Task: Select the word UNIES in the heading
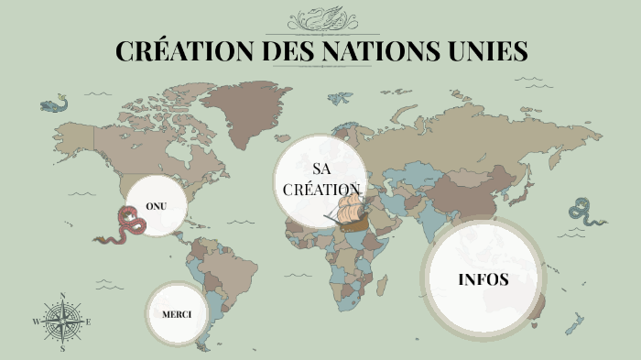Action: click(x=489, y=50)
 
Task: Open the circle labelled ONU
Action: click(x=156, y=205)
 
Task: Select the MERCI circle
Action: click(x=176, y=314)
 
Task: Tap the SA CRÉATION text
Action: click(x=321, y=180)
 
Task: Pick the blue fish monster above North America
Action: click(x=55, y=104)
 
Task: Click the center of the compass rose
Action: click(x=62, y=322)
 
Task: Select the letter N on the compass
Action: click(x=62, y=296)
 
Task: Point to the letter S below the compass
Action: click(x=62, y=348)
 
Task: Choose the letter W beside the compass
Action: click(x=36, y=322)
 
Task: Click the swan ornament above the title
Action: click(x=321, y=17)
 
